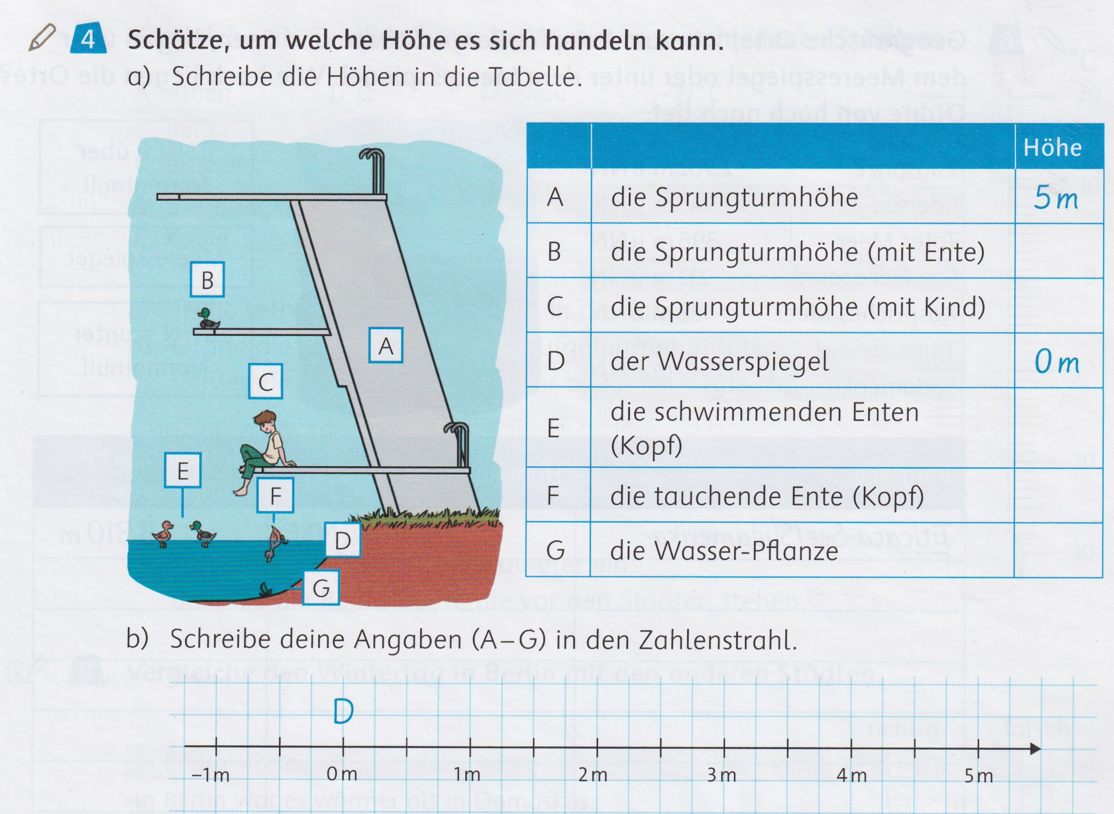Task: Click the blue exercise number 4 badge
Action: (x=88, y=39)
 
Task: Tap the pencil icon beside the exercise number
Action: (x=42, y=38)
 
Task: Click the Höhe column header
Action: (x=1052, y=148)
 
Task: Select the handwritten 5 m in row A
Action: (x=1056, y=197)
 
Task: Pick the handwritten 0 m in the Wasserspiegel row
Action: (x=1057, y=361)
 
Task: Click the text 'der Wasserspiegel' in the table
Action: (x=719, y=361)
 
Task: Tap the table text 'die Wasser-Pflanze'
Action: (x=724, y=551)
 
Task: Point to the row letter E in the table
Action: (x=554, y=429)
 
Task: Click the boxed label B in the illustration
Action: (x=207, y=280)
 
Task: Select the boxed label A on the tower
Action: (x=386, y=346)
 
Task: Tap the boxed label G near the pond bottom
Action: (x=321, y=588)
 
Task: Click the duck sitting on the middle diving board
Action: (x=207, y=318)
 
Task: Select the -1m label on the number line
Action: (x=211, y=775)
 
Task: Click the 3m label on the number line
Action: (x=722, y=775)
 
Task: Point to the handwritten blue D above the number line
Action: (x=343, y=711)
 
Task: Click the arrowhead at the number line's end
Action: (x=1036, y=749)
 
